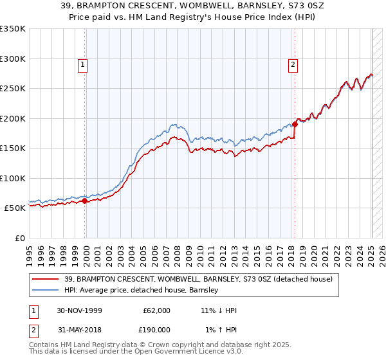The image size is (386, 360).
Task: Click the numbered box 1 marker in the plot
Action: (x=84, y=64)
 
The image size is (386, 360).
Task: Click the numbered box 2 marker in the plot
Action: (x=293, y=64)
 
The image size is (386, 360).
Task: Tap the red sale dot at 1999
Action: (x=85, y=201)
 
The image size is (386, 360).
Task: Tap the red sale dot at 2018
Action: (x=295, y=124)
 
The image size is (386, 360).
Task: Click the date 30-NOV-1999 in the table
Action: (x=81, y=310)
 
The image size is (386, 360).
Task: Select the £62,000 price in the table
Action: (x=157, y=310)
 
